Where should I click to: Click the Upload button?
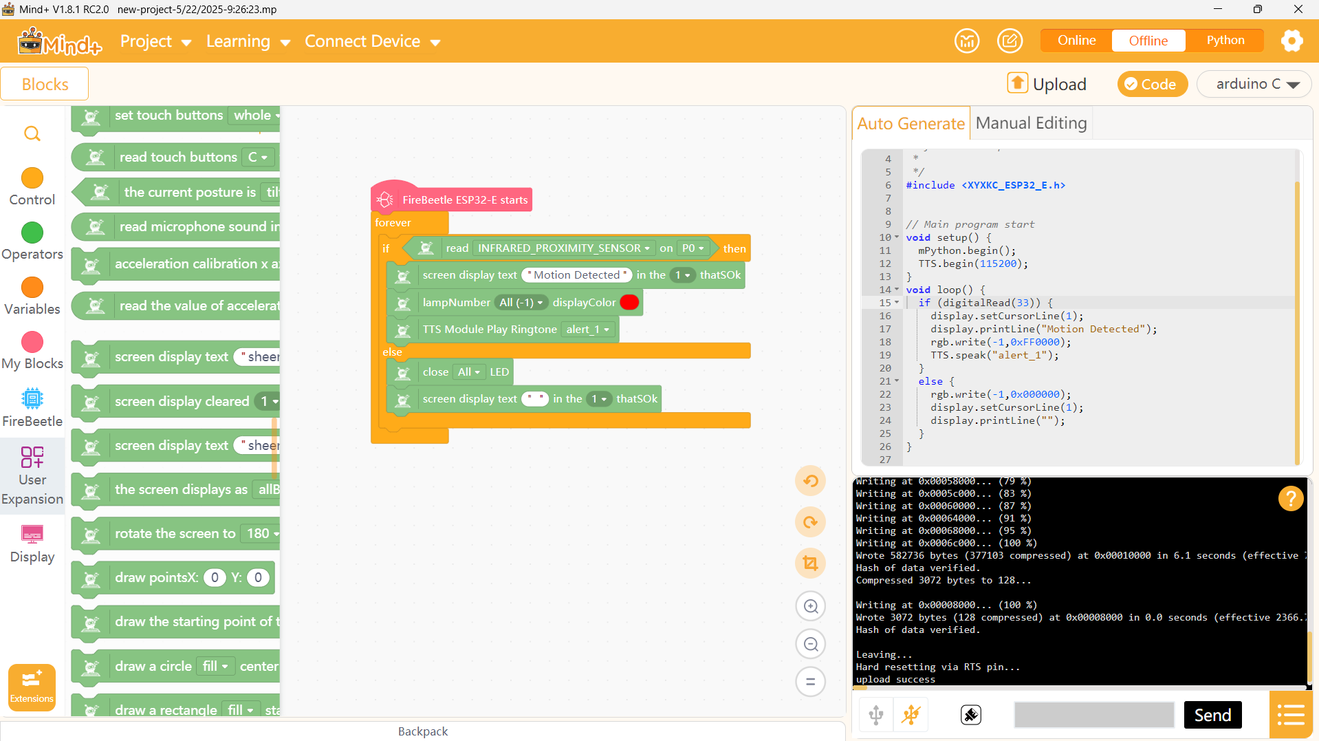point(1047,84)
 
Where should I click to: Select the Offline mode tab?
point(1148,41)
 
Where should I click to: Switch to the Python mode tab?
point(1225,41)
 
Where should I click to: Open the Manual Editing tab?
point(1031,123)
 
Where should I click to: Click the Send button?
point(1212,716)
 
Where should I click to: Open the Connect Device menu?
point(372,41)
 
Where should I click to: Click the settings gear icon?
point(1291,41)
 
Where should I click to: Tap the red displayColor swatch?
point(629,302)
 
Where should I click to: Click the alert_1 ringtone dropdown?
point(588,330)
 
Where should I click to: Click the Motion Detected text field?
point(577,275)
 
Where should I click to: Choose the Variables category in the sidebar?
point(32,297)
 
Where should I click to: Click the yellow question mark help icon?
point(1291,497)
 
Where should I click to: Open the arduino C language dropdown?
point(1254,84)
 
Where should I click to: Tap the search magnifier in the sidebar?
point(32,133)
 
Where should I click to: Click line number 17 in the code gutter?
point(885,330)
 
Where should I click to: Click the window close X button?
point(1298,9)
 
